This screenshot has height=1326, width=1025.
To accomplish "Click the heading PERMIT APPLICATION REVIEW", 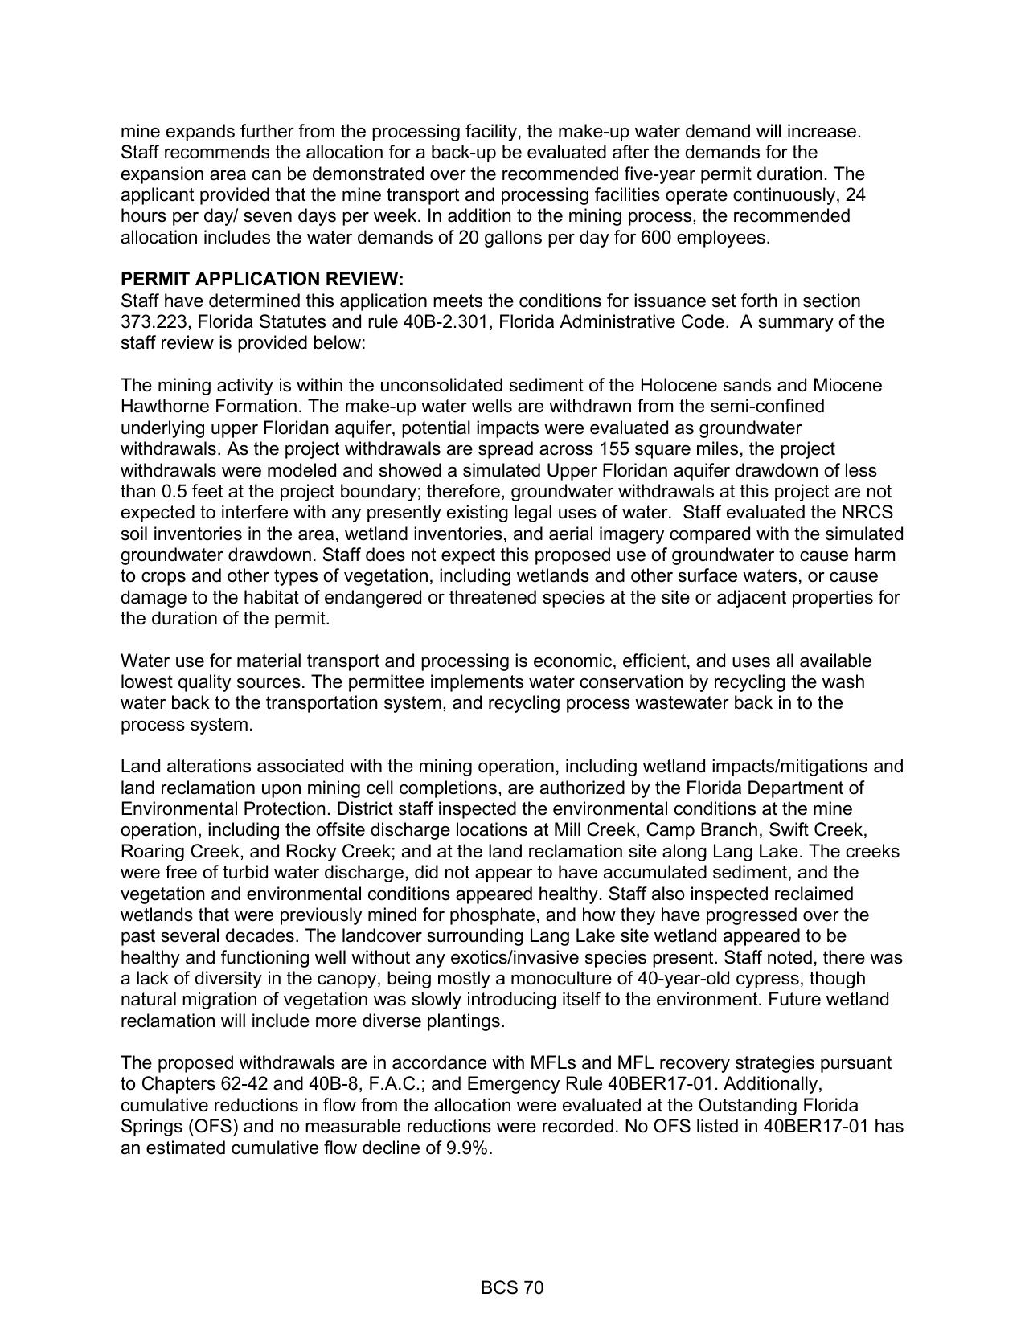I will coord(262,280).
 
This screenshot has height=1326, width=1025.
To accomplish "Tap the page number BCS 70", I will coord(512,1288).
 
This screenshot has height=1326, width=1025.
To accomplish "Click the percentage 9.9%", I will coord(468,1148).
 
